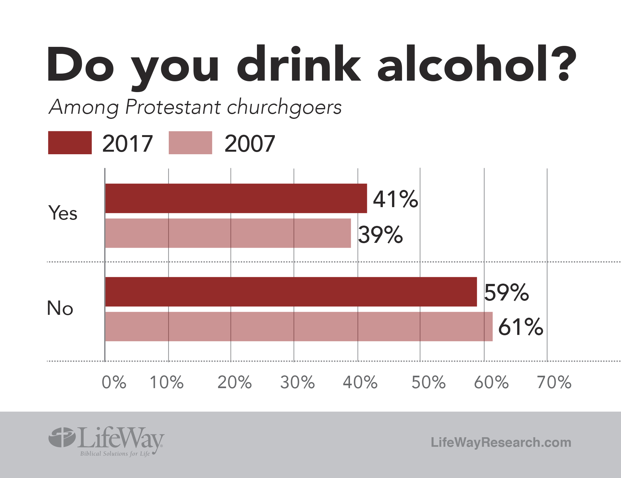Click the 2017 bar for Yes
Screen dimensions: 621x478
coord(236,198)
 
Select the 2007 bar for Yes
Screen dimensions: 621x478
coord(228,233)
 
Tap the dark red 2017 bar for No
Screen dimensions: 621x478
coord(291,292)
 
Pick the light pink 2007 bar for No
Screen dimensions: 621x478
coord(299,326)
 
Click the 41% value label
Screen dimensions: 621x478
coord(395,199)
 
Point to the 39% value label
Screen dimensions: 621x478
coord(381,235)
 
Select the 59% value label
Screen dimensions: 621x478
coord(506,292)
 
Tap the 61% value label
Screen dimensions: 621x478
coord(521,327)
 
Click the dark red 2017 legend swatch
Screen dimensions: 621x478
coord(70,143)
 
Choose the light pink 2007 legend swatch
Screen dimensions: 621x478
coord(190,143)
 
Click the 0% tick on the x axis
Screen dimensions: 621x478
coord(114,382)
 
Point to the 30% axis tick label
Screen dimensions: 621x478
coord(297,382)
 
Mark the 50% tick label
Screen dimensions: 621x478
coord(428,382)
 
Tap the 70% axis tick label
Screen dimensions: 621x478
coord(554,382)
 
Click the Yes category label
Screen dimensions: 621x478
coord(63,213)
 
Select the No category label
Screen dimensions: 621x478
coord(60,308)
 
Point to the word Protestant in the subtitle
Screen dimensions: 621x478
coord(173,107)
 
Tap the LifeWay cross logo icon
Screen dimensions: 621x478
coord(62,437)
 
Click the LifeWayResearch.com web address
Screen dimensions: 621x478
coord(501,442)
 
